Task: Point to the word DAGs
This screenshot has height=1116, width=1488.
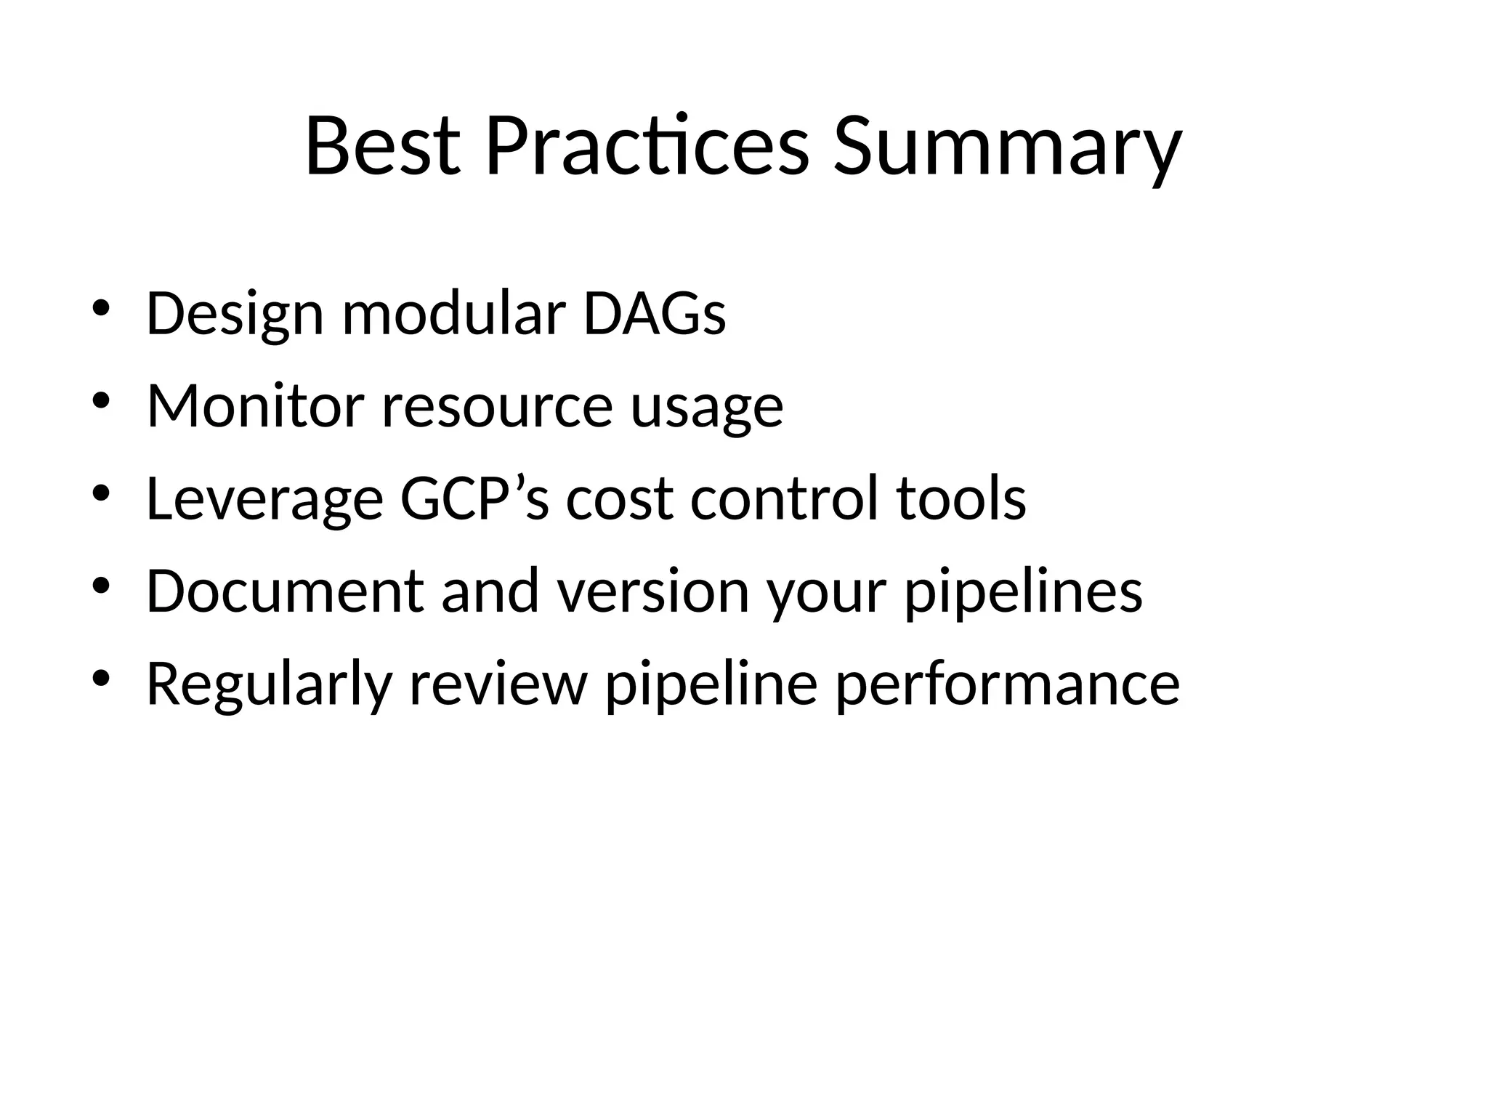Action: (654, 314)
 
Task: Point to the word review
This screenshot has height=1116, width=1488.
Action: (498, 684)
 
